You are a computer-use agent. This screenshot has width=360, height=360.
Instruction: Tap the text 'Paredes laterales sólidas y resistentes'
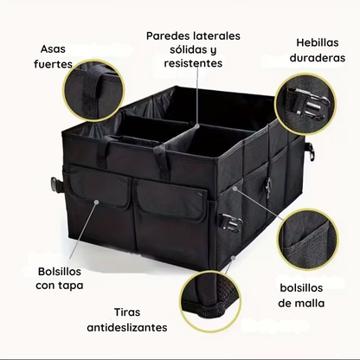[x=193, y=49]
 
